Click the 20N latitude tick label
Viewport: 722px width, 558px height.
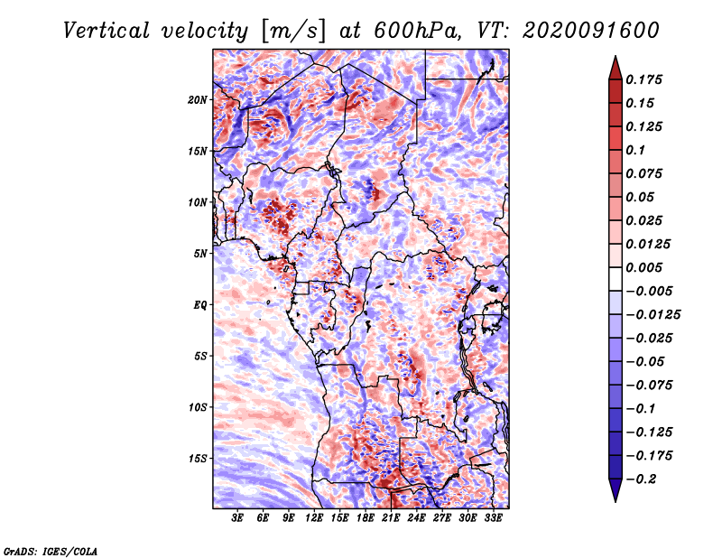point(198,99)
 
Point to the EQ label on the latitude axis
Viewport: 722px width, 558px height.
point(200,304)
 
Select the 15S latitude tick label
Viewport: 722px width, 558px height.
point(198,458)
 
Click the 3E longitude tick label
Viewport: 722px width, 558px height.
point(238,519)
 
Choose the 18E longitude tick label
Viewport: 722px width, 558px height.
point(366,519)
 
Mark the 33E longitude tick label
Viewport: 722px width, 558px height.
point(493,519)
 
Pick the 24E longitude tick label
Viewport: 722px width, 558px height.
point(416,519)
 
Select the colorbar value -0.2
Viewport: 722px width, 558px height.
point(646,479)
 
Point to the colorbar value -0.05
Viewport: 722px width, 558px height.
point(650,361)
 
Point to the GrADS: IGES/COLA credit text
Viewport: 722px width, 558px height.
point(51,550)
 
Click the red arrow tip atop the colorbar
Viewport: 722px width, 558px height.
point(615,63)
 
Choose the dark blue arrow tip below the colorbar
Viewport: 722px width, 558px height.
point(615,494)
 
